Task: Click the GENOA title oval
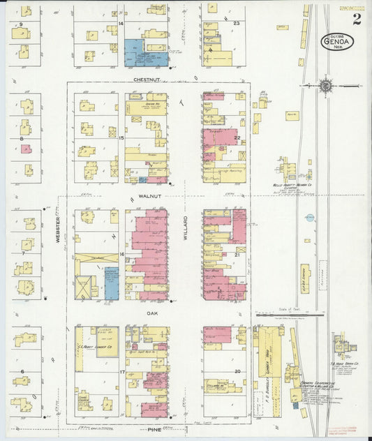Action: tap(337, 41)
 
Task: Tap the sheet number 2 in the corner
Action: tap(357, 19)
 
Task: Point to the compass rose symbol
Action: tap(325, 85)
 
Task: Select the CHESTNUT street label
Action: tap(147, 80)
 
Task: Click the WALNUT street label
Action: tap(149, 197)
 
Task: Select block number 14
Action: tap(121, 24)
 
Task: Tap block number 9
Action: tap(21, 24)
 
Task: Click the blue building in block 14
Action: tap(146, 54)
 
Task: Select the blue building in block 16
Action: tap(111, 283)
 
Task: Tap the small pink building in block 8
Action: tap(26, 149)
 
